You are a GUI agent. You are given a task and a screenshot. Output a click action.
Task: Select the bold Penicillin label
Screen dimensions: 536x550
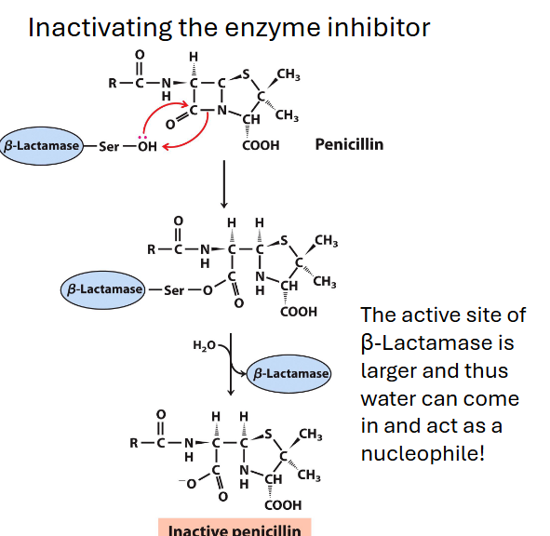click(349, 144)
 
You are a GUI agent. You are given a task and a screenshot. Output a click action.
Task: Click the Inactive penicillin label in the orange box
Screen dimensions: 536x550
click(235, 529)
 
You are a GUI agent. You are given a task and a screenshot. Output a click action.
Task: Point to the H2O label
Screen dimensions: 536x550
click(204, 345)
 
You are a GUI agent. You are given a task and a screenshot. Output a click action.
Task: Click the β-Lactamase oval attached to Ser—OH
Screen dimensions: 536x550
click(42, 146)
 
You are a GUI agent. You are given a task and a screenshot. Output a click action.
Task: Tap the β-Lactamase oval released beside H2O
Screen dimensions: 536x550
click(290, 373)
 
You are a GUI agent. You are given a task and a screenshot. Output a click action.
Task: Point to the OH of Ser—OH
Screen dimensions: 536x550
click(147, 146)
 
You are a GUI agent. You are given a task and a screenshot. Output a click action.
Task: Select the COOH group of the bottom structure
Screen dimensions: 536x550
click(283, 505)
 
